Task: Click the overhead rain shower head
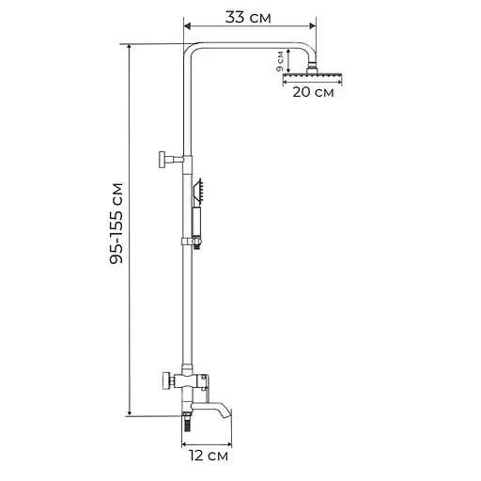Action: (308, 72)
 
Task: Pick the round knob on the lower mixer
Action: (164, 380)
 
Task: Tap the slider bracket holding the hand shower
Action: (194, 244)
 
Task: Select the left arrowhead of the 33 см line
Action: (186, 28)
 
